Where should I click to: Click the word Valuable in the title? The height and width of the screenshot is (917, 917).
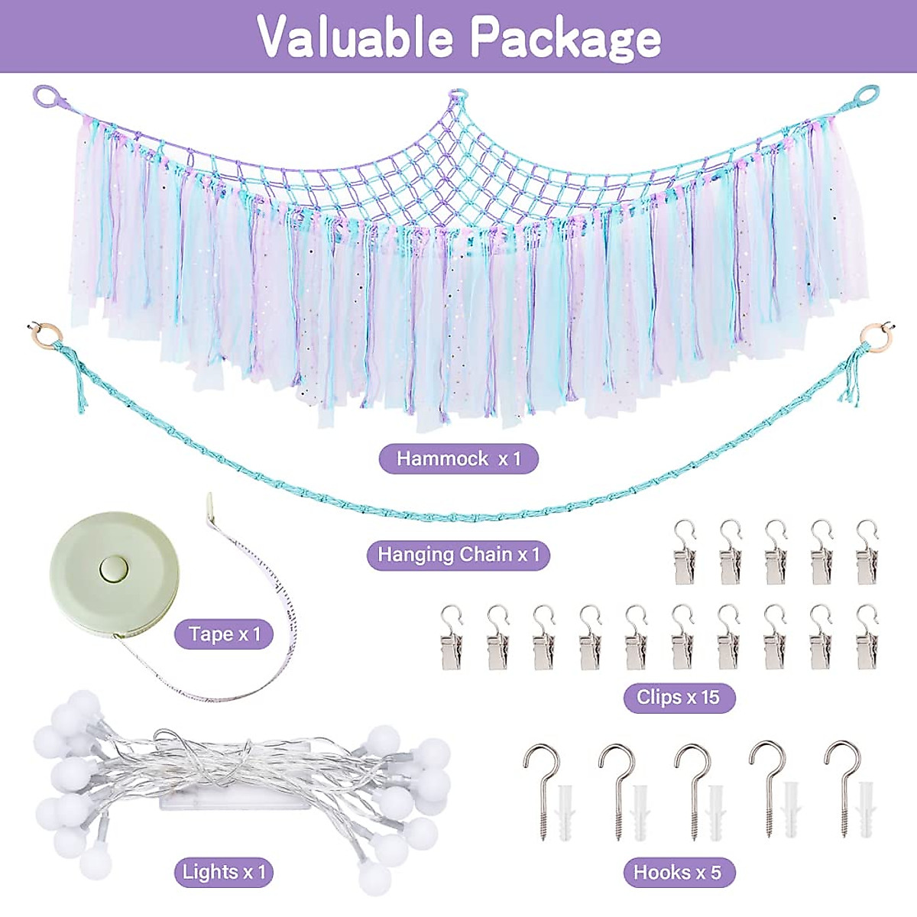click(355, 37)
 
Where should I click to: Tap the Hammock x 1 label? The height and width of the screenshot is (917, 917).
click(458, 459)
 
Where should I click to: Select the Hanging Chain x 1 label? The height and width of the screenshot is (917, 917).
click(458, 555)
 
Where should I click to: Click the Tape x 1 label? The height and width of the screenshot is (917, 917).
click(224, 634)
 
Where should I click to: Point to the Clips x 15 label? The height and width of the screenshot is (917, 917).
click(679, 698)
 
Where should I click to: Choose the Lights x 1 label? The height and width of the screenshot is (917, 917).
click(223, 872)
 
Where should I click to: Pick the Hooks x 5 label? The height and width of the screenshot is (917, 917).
click(677, 873)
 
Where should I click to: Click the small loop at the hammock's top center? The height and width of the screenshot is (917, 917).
click(457, 96)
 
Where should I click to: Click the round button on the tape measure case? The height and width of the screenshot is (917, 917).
click(114, 568)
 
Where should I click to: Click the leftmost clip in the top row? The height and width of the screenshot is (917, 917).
click(684, 553)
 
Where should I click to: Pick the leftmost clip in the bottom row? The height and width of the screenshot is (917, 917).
click(451, 639)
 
